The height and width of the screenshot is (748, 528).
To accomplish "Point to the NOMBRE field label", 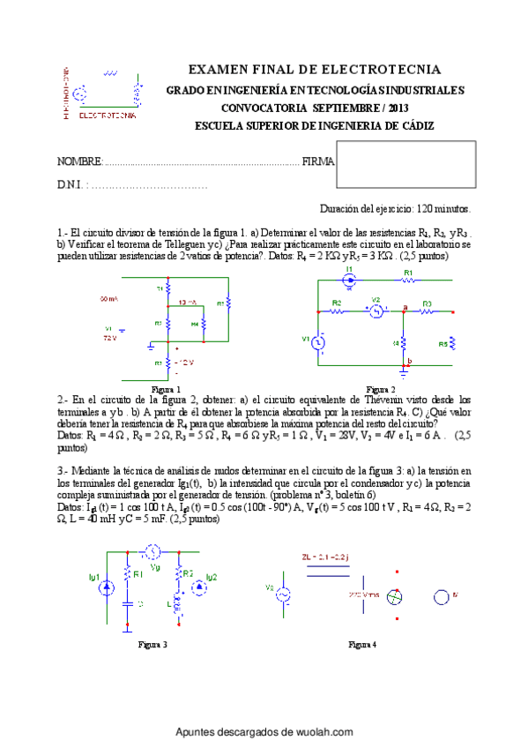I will click(79, 161).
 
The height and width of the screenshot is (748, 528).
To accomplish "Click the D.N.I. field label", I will click(70, 185).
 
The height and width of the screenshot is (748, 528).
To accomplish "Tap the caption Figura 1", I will click(166, 389).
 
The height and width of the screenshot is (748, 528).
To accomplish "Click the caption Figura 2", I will click(381, 389).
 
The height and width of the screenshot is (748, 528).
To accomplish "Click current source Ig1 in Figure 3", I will click(107, 586).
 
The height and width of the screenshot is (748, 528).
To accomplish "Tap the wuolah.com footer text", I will click(264, 732).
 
